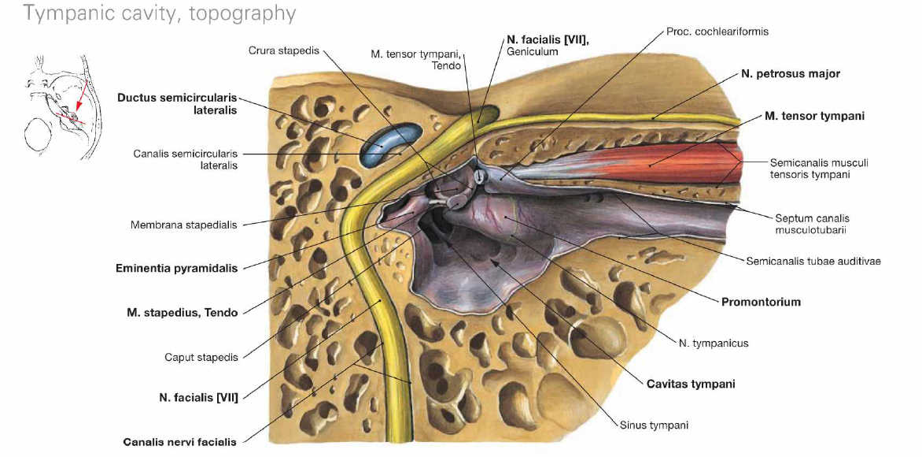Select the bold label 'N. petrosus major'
click(790, 74)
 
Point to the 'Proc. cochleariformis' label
click(717, 32)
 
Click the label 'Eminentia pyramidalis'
click(176, 268)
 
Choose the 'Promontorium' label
click(761, 302)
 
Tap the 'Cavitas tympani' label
click(691, 384)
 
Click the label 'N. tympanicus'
click(714, 343)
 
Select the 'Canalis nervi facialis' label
click(179, 442)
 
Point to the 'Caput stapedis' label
click(201, 357)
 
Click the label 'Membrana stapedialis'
click(184, 225)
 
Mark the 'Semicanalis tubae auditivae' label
click(813, 261)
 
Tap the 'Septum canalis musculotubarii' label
click(812, 225)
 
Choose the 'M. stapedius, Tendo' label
click(182, 313)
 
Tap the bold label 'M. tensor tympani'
click(814, 116)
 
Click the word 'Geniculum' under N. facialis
click(533, 52)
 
